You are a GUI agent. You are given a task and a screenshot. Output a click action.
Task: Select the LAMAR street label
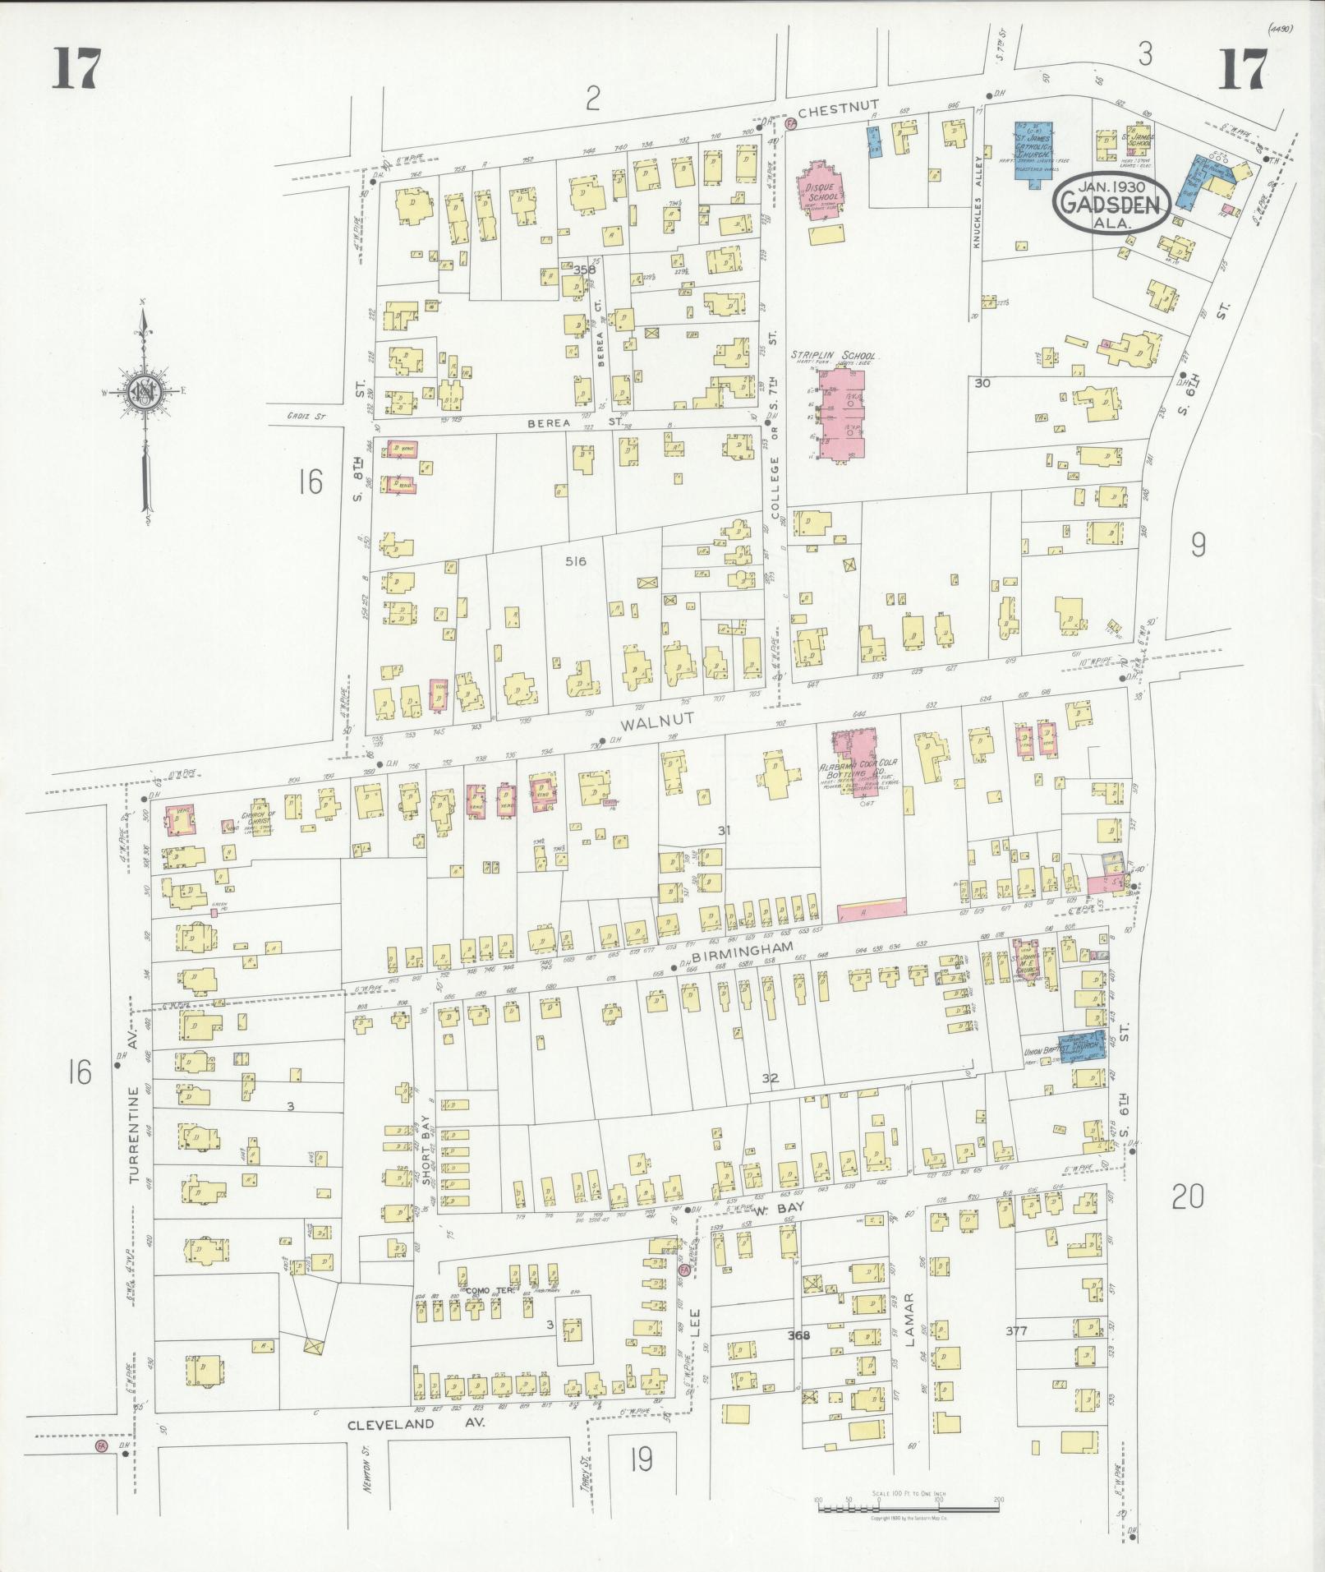tap(909, 1324)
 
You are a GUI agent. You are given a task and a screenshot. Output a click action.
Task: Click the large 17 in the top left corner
tap(76, 68)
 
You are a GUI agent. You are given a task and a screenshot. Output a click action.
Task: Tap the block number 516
tap(575, 561)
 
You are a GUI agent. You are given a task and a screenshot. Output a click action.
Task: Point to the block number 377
tap(1028, 1330)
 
